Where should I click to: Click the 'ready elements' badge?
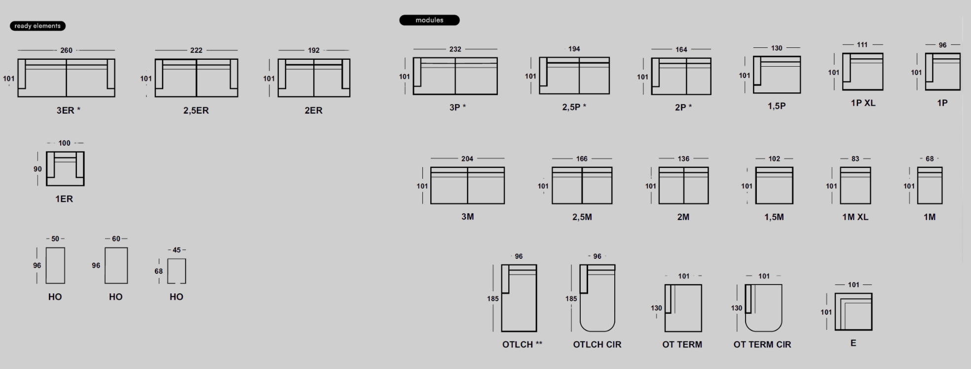(37, 26)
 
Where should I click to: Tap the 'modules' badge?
(429, 20)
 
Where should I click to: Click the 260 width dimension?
(66, 50)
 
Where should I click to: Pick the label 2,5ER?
(196, 111)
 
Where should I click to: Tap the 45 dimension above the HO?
(177, 250)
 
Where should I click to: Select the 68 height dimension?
(158, 271)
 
